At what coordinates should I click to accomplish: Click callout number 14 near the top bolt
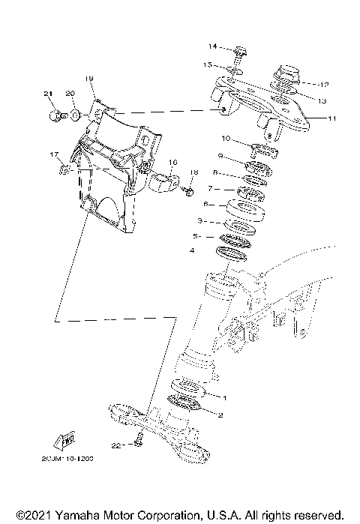pyautogui.click(x=212, y=46)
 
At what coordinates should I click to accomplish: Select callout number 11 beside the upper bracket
pyautogui.click(x=333, y=118)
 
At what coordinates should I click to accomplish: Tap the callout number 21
pyautogui.click(x=49, y=93)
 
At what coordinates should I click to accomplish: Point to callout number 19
pyautogui.click(x=88, y=79)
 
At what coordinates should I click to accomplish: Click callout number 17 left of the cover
pyautogui.click(x=54, y=154)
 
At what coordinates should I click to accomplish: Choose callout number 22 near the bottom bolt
pyautogui.click(x=115, y=445)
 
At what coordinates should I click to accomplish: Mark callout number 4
pyautogui.click(x=193, y=250)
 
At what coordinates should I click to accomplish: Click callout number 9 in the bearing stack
pyautogui.click(x=221, y=156)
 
